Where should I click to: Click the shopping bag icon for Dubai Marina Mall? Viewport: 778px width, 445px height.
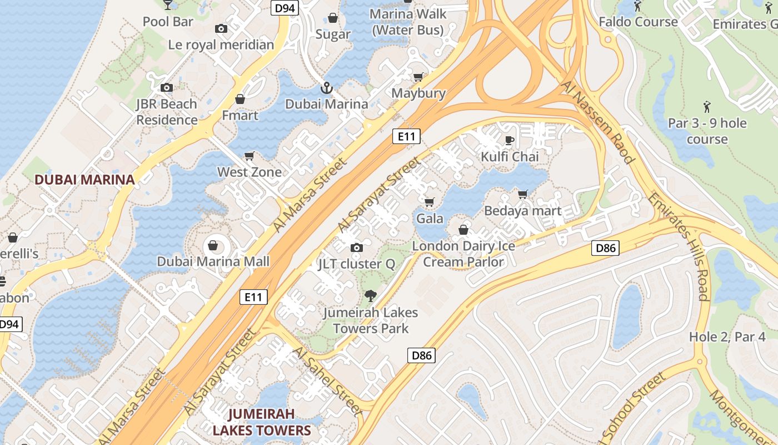pyautogui.click(x=212, y=245)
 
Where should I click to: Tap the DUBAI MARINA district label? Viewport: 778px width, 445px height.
pyautogui.click(x=84, y=180)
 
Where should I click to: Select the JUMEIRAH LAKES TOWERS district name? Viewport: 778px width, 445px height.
pyautogui.click(x=261, y=422)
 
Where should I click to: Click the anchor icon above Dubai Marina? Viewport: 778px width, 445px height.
pyautogui.click(x=326, y=88)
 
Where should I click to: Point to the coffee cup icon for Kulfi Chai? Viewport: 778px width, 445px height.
pyautogui.click(x=509, y=140)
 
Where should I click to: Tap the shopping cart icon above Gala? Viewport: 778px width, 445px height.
pyautogui.click(x=428, y=202)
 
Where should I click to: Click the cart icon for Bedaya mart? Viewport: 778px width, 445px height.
pyautogui.click(x=522, y=195)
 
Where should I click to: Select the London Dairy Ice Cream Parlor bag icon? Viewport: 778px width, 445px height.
pyautogui.click(x=463, y=229)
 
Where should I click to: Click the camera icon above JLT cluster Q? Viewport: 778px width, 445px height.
pyautogui.click(x=356, y=248)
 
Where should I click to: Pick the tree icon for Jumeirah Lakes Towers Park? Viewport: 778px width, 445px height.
pyautogui.click(x=370, y=296)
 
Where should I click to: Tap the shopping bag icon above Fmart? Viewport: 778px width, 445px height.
pyautogui.click(x=240, y=99)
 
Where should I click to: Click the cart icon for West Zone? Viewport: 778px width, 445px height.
pyautogui.click(x=250, y=156)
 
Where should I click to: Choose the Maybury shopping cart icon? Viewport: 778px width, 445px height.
pyautogui.click(x=418, y=77)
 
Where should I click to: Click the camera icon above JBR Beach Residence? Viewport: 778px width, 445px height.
pyautogui.click(x=166, y=87)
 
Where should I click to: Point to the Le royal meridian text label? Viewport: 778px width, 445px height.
pyautogui.click(x=221, y=44)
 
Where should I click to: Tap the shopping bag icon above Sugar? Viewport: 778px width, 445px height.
pyautogui.click(x=333, y=18)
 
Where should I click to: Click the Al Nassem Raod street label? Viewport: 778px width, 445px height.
pyautogui.click(x=598, y=122)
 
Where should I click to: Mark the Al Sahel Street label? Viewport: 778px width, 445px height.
pyautogui.click(x=327, y=381)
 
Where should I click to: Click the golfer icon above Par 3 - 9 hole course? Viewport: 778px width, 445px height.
pyautogui.click(x=707, y=106)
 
